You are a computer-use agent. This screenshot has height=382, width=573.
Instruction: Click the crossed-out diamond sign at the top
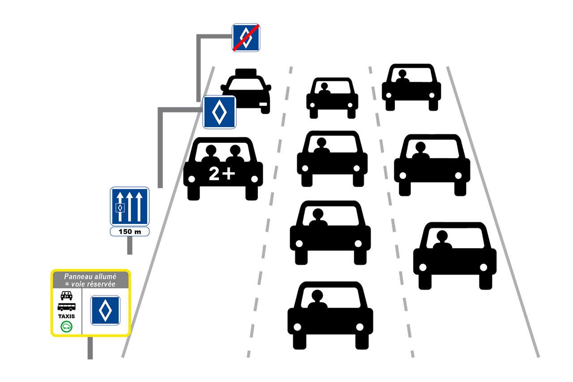(x=246, y=38)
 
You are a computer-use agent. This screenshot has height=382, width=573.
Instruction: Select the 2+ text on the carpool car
(x=222, y=174)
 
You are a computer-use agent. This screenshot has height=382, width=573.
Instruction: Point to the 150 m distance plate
(x=130, y=232)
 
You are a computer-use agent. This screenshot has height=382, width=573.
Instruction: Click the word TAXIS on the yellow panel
(x=66, y=316)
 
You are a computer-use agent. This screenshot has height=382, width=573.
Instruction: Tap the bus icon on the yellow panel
(x=66, y=307)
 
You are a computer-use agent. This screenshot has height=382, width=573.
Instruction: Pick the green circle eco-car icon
(x=66, y=326)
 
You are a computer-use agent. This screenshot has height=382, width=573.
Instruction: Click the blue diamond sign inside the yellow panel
(x=105, y=310)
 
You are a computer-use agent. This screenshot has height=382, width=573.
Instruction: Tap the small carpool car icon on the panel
(x=66, y=296)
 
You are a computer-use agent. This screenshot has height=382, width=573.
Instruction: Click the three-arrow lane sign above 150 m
(x=130, y=206)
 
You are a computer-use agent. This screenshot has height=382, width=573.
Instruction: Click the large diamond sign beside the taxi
(x=219, y=112)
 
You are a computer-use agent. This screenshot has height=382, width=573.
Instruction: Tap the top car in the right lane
(x=411, y=87)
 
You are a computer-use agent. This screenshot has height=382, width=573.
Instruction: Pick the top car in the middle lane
(x=332, y=98)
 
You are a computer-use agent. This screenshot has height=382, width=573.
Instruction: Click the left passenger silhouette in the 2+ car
(x=210, y=154)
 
